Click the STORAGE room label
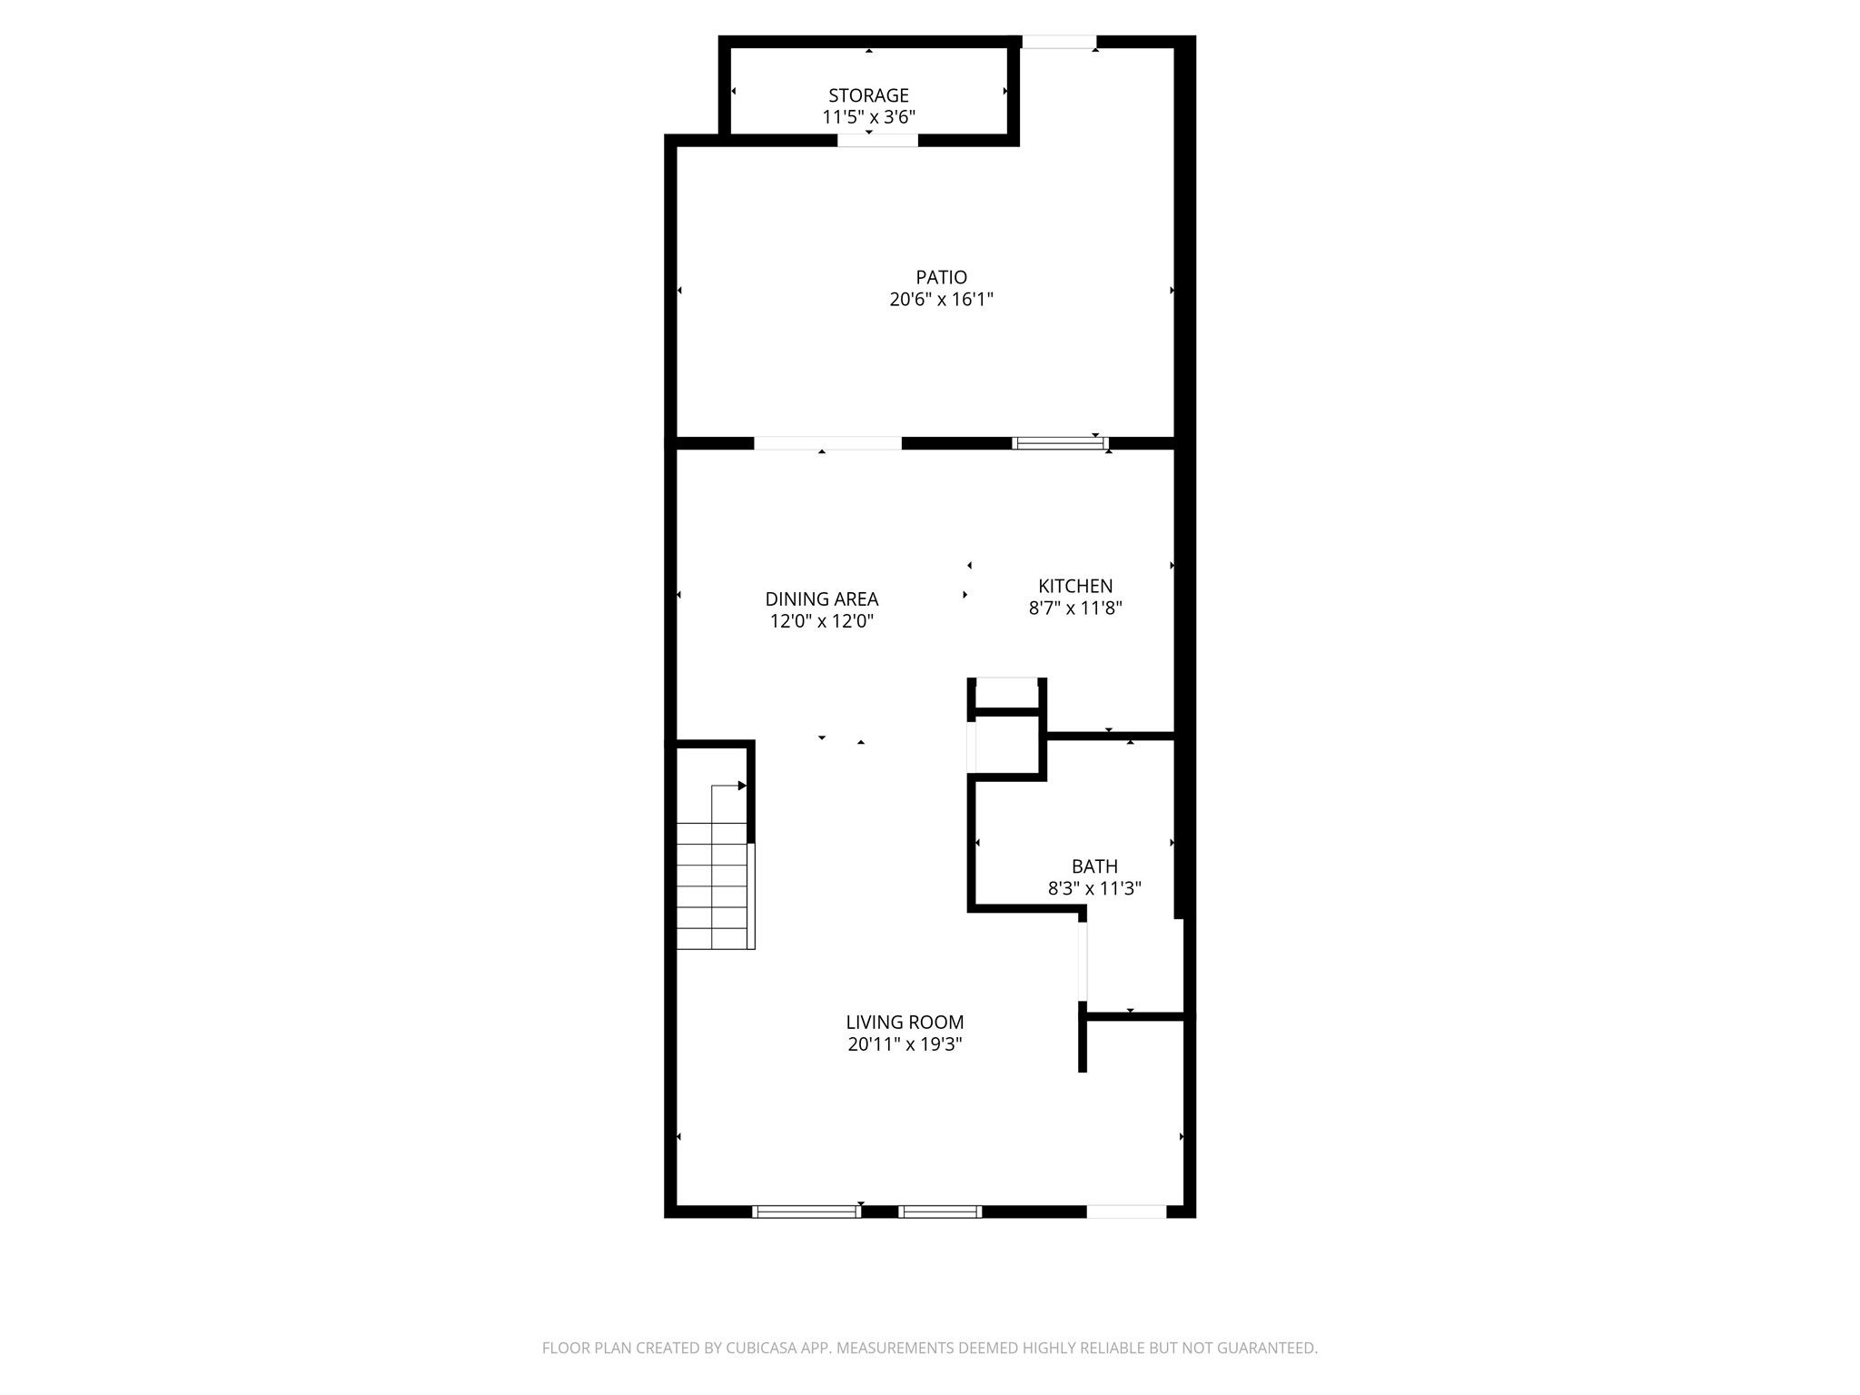tap(868, 95)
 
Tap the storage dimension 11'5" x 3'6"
tap(868, 117)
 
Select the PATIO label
tap(941, 277)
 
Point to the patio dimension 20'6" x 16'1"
tap(941, 299)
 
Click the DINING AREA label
tap(822, 599)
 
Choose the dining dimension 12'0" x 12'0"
tap(822, 621)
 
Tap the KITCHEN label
tap(1075, 586)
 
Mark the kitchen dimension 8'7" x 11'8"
tap(1075, 608)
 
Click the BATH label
tap(1094, 866)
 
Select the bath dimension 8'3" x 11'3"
tap(1094, 888)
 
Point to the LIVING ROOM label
tap(905, 1023)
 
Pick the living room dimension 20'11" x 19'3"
tap(905, 1044)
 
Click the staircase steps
tap(713, 885)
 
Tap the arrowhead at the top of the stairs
tap(742, 786)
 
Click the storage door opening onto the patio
tap(877, 140)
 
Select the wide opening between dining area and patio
tap(827, 443)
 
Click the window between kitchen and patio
tap(1060, 443)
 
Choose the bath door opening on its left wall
tap(1082, 961)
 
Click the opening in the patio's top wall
tap(1059, 42)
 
